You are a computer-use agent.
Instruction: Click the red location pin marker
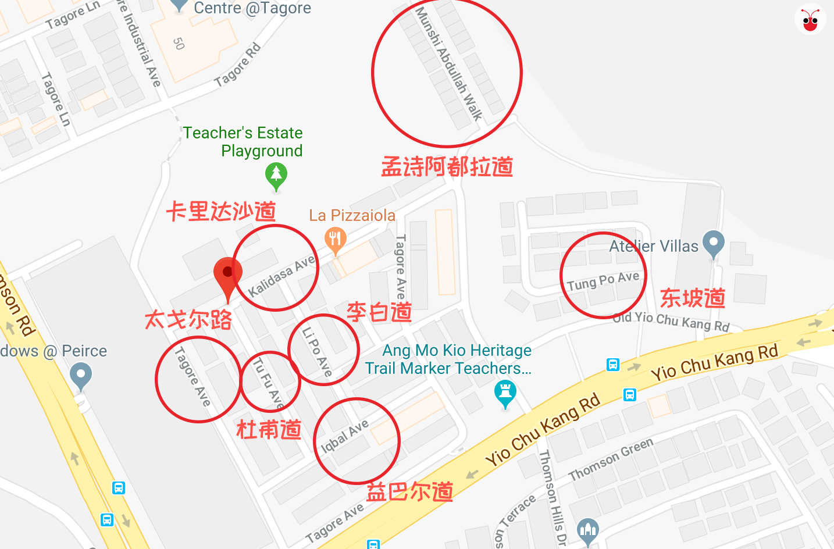pyautogui.click(x=227, y=275)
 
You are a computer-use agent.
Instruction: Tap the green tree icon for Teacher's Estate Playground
pyautogui.click(x=276, y=174)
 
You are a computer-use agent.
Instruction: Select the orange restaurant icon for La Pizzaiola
pyautogui.click(x=335, y=240)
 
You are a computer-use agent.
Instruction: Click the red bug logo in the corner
pyautogui.click(x=810, y=20)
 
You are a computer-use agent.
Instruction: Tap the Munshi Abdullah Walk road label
pyautogui.click(x=449, y=63)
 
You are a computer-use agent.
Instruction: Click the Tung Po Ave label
pyautogui.click(x=603, y=281)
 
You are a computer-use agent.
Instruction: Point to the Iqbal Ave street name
pyautogui.click(x=345, y=436)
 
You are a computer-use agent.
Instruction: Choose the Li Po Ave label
pyautogui.click(x=317, y=352)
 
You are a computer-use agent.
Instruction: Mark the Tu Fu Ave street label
pyautogui.click(x=268, y=383)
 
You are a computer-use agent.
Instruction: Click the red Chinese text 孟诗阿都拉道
pyautogui.click(x=447, y=167)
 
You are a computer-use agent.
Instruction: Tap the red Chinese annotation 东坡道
pyautogui.click(x=693, y=298)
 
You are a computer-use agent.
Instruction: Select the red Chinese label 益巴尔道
pyautogui.click(x=409, y=492)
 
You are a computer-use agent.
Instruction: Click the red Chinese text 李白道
pyautogui.click(x=379, y=312)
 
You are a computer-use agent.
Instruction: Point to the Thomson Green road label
pyautogui.click(x=611, y=459)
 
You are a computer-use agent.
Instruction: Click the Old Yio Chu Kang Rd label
pyautogui.click(x=671, y=321)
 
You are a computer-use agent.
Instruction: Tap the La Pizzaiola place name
pyautogui.click(x=352, y=216)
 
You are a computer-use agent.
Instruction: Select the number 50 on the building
pyautogui.click(x=179, y=44)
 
